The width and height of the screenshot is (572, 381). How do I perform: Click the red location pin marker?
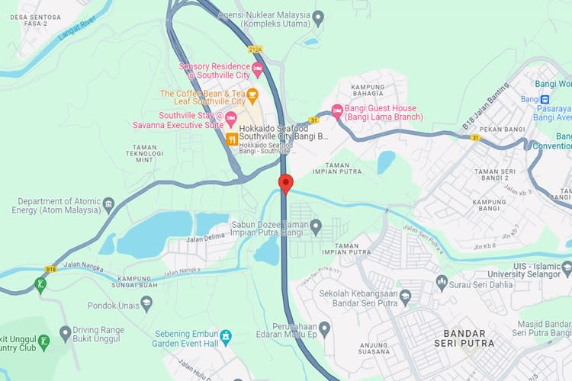[286, 184]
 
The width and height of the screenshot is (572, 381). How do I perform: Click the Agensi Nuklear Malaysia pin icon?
[319, 15]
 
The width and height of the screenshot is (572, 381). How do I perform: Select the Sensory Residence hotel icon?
[258, 71]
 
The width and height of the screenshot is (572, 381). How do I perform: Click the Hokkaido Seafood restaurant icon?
[231, 138]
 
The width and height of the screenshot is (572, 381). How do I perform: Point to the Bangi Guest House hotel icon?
[337, 112]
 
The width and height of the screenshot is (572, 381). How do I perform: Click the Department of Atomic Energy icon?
[108, 203]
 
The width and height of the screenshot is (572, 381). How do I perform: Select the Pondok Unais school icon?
[146, 303]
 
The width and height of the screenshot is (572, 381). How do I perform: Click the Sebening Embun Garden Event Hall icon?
[226, 337]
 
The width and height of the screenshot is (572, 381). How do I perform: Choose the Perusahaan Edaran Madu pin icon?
[324, 329]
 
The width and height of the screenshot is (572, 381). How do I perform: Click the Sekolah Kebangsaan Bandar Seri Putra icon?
[405, 294]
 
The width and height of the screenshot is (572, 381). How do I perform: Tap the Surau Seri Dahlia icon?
[441, 283]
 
